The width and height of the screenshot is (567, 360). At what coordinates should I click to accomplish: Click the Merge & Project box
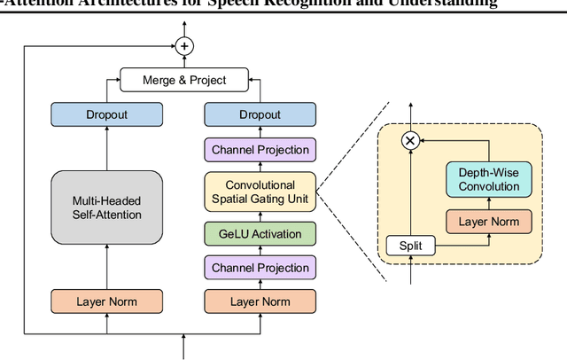pyautogui.click(x=184, y=80)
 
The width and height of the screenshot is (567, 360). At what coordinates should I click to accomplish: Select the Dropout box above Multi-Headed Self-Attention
pyautogui.click(x=106, y=114)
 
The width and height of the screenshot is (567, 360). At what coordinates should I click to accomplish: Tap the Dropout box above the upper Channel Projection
pyautogui.click(x=260, y=114)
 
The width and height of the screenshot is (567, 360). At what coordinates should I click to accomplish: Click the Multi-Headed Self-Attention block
pyautogui.click(x=106, y=207)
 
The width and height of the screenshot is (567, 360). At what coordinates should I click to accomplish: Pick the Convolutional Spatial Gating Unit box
pyautogui.click(x=260, y=192)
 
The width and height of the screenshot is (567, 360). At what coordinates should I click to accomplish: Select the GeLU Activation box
pyautogui.click(x=260, y=235)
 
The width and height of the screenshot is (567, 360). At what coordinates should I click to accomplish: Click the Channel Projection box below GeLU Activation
pyautogui.click(x=260, y=268)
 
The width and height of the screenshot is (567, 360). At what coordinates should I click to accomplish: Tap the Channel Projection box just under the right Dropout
pyautogui.click(x=260, y=149)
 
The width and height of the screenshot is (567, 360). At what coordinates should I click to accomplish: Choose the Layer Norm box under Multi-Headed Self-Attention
pyautogui.click(x=106, y=301)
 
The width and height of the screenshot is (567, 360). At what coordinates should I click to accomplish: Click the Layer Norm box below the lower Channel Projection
pyautogui.click(x=260, y=301)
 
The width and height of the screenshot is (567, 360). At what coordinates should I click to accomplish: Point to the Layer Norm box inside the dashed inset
pyautogui.click(x=488, y=220)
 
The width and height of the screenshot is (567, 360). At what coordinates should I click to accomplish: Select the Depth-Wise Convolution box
pyautogui.click(x=488, y=179)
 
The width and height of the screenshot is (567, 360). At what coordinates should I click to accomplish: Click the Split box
pyautogui.click(x=410, y=245)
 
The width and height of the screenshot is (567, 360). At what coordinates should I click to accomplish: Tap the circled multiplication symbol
pyautogui.click(x=410, y=140)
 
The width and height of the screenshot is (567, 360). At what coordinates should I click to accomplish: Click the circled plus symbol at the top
pyautogui.click(x=184, y=45)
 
